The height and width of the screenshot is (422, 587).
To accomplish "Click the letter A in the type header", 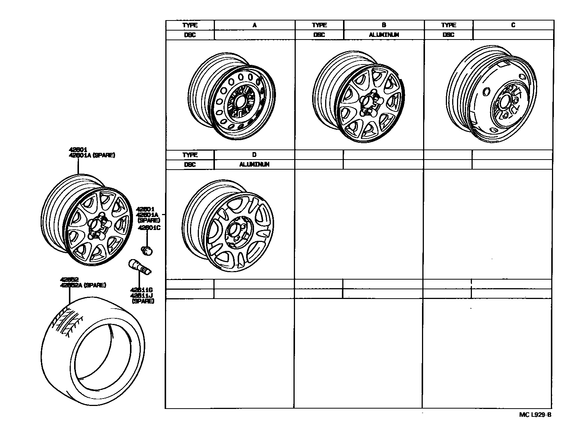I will tap(254, 25).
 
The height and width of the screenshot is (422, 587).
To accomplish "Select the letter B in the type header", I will tap(384, 25).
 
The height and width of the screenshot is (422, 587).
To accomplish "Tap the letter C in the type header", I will tap(513, 25).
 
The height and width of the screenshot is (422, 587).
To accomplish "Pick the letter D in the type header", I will tap(254, 155).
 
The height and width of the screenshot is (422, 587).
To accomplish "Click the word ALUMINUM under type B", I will tap(384, 35).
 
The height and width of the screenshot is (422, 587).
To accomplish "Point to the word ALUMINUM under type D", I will tap(254, 164).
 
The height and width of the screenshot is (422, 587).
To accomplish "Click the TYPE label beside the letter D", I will tap(190, 155).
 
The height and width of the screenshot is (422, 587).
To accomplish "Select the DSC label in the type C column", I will tap(448, 35).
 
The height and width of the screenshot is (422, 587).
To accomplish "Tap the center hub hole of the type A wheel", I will tap(239, 101).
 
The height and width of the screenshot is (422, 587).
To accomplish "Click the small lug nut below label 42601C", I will tap(147, 250).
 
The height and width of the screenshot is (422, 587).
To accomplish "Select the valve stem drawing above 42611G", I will tap(140, 267).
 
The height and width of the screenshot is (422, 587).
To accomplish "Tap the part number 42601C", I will tap(149, 228).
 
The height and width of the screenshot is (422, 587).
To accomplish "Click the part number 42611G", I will tap(142, 290).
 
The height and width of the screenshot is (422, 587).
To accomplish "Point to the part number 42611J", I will tap(142, 296).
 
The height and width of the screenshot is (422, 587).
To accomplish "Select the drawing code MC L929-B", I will tap(535, 415).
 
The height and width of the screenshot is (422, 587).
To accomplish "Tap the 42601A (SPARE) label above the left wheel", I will tap(92, 155).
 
